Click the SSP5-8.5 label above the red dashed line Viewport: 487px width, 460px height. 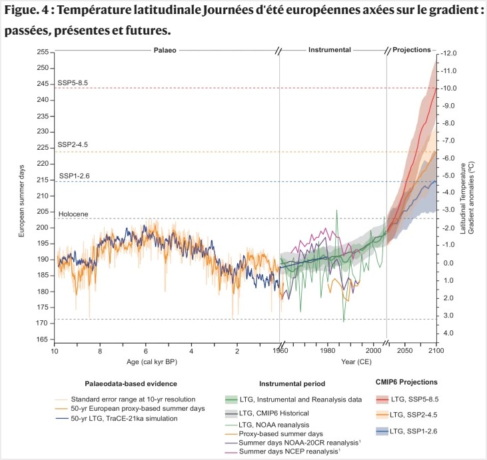73,83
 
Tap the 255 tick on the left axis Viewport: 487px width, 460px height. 43,52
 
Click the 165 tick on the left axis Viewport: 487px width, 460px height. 43,340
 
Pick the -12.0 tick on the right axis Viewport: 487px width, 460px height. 449,53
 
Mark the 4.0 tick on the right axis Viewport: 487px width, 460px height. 448,333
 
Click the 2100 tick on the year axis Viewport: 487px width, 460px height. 436,350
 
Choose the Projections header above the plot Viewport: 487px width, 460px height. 411,49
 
